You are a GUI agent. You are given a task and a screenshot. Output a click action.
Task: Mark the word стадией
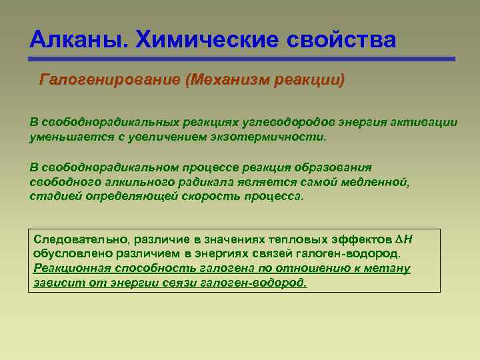(x=54, y=197)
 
